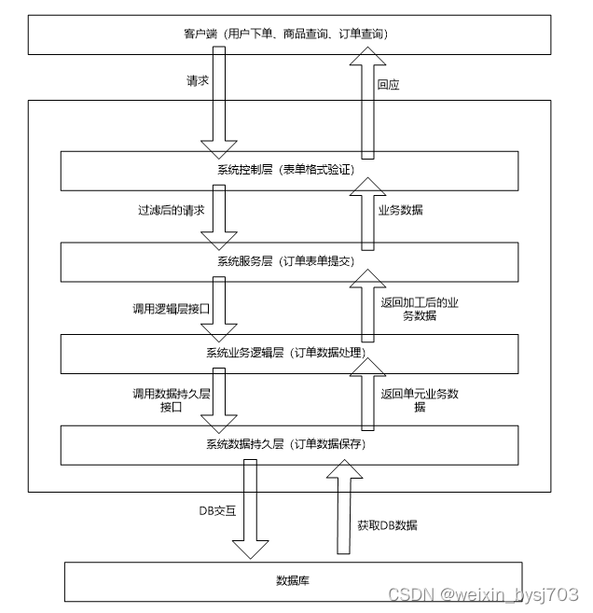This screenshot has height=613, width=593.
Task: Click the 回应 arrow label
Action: pyautogui.click(x=388, y=84)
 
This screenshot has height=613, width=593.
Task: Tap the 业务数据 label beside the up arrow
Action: pyautogui.click(x=400, y=211)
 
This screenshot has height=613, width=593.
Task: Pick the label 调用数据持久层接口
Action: pyautogui.click(x=172, y=400)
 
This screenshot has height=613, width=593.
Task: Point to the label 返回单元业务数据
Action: pyautogui.click(x=420, y=400)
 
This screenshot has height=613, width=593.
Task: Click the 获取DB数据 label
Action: pyautogui.click(x=387, y=525)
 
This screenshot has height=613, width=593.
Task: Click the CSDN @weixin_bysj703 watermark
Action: pyautogui.click(x=483, y=594)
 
